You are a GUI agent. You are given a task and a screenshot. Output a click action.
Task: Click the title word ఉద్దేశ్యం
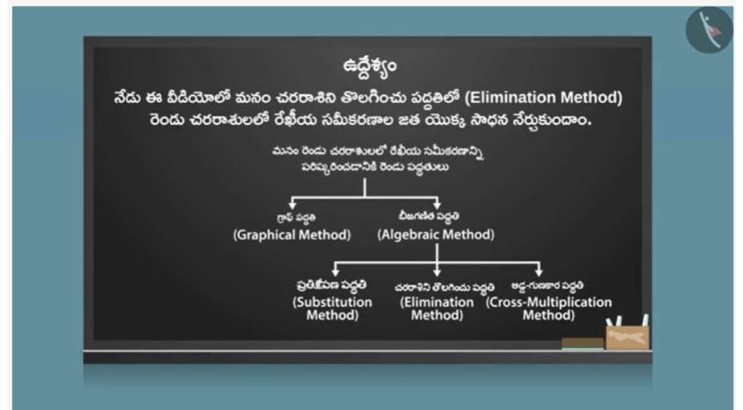370,66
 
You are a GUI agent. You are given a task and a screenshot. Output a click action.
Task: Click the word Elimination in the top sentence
510,97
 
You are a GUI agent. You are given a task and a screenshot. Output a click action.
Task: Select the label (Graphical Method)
291,235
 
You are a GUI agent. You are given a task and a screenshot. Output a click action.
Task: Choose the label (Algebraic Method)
436,235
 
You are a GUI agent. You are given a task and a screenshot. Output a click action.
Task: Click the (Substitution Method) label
332,308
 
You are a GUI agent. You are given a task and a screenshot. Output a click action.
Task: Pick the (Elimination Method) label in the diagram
437,308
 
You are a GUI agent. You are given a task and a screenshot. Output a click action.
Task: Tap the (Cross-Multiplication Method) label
549,308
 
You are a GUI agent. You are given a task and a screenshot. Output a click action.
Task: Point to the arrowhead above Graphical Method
292,205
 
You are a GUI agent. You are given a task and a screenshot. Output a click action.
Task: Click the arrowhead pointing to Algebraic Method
437,205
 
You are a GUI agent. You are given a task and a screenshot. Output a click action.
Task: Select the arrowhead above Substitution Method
335,273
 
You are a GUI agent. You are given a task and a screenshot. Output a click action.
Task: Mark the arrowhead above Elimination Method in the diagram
437,273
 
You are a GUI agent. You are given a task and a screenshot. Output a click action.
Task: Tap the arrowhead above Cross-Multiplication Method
539,273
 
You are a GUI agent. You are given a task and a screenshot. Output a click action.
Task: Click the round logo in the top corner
709,30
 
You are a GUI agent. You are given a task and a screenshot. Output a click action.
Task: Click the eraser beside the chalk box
583,343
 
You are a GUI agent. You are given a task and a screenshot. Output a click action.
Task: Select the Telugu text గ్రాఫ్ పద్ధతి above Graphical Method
296,217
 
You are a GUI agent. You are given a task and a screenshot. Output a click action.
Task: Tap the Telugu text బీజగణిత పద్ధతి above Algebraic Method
429,215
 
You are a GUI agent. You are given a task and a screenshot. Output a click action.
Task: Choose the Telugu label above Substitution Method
331,285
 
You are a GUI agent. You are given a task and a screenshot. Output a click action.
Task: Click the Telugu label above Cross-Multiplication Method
548,286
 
